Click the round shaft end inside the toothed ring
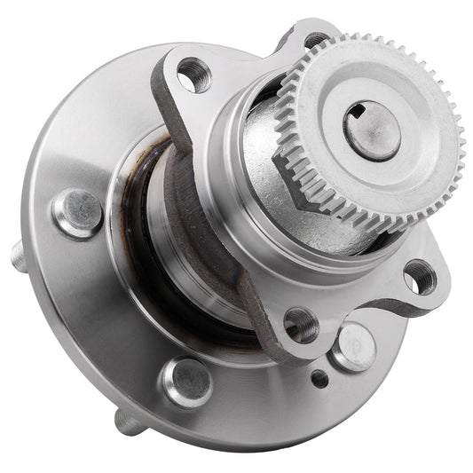click(372, 130)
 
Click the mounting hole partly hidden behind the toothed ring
click(315, 40)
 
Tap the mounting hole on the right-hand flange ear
click(419, 278)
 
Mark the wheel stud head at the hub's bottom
click(185, 381)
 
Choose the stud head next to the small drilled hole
click(353, 345)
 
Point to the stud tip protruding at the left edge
click(18, 256)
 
